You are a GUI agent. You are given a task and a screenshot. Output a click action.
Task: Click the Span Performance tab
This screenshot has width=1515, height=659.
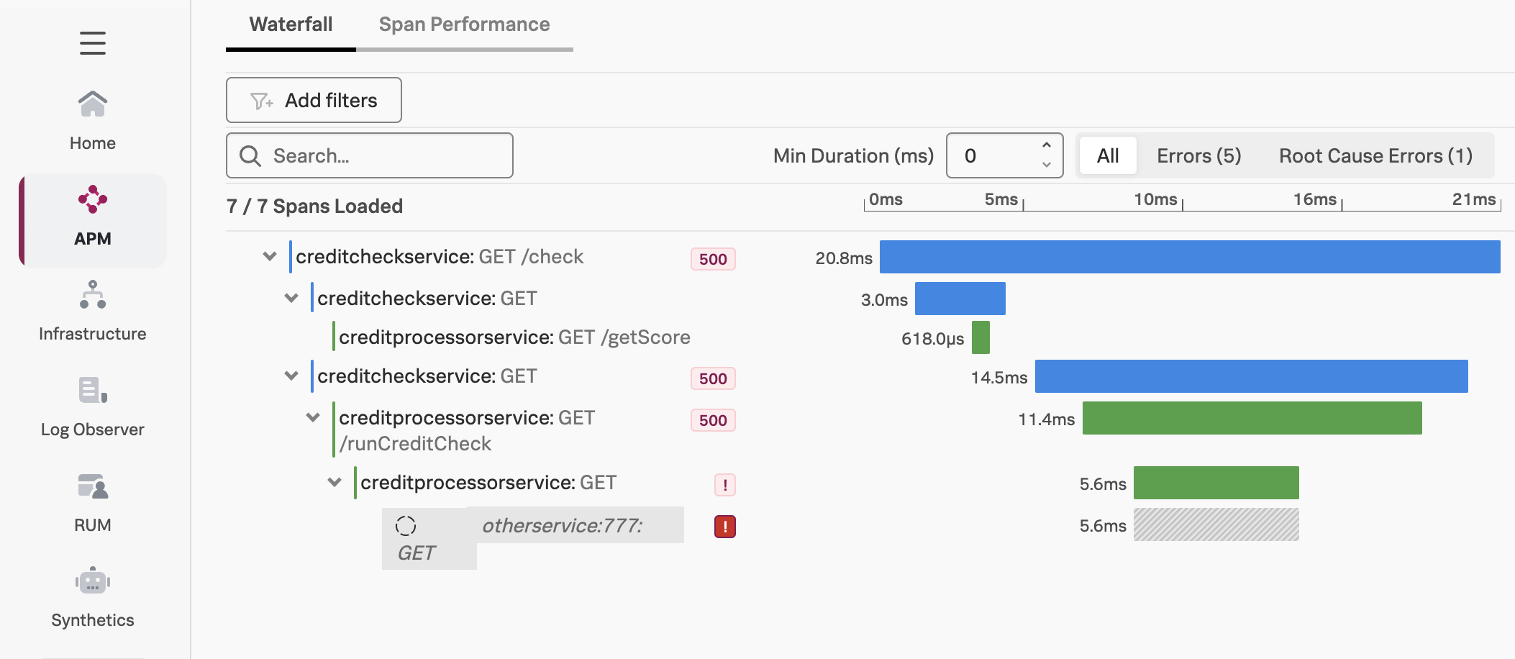[x=464, y=24]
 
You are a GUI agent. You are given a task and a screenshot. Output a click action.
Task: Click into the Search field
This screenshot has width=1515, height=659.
[x=381, y=155]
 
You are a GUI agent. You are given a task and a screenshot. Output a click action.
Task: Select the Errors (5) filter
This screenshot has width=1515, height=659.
[x=1198, y=155]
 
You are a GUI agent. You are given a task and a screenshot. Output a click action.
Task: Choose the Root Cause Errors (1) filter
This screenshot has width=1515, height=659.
[x=1375, y=155]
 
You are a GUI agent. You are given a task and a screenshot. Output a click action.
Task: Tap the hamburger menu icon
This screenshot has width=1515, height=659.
[x=93, y=43]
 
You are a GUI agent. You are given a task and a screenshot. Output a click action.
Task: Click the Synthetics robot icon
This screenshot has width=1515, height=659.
[x=93, y=581]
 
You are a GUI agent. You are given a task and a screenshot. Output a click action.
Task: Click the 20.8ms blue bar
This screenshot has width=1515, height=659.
[x=1189, y=257]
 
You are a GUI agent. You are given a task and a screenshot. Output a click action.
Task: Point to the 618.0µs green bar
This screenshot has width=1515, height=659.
[x=981, y=337]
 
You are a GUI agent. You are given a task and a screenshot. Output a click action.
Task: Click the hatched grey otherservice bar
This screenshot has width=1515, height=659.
[x=1216, y=524]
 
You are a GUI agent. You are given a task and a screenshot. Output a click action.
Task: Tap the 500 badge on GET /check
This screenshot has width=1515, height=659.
[x=713, y=259]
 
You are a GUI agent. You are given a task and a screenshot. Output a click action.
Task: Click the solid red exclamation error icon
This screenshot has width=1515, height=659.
[x=724, y=527]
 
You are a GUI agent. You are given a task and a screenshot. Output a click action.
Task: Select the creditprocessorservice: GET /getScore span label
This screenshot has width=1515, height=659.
[x=514, y=337]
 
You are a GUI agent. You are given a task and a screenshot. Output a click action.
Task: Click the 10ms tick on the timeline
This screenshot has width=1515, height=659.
[x=1156, y=200]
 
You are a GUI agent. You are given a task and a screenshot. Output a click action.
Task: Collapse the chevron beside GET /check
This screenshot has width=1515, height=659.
[x=270, y=257]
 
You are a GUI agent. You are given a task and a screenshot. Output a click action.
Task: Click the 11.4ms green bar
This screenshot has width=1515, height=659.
[x=1252, y=418]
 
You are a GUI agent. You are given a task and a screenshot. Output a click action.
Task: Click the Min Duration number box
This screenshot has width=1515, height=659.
[x=996, y=155]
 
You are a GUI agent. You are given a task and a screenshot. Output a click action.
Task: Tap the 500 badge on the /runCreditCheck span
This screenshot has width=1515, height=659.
[x=713, y=420]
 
